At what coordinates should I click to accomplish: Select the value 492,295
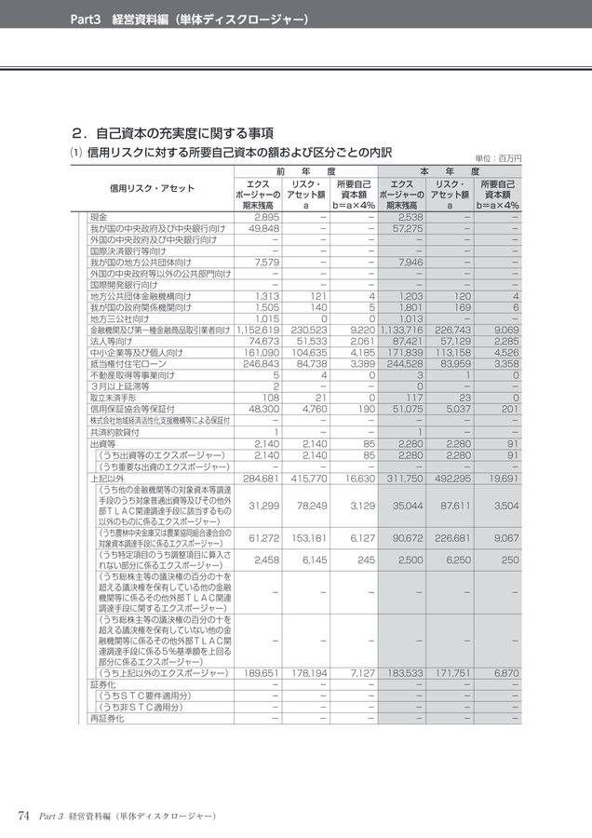pos(453,479)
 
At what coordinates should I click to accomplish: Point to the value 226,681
pos(453,536)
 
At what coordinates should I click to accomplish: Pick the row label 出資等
pos(101,444)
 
